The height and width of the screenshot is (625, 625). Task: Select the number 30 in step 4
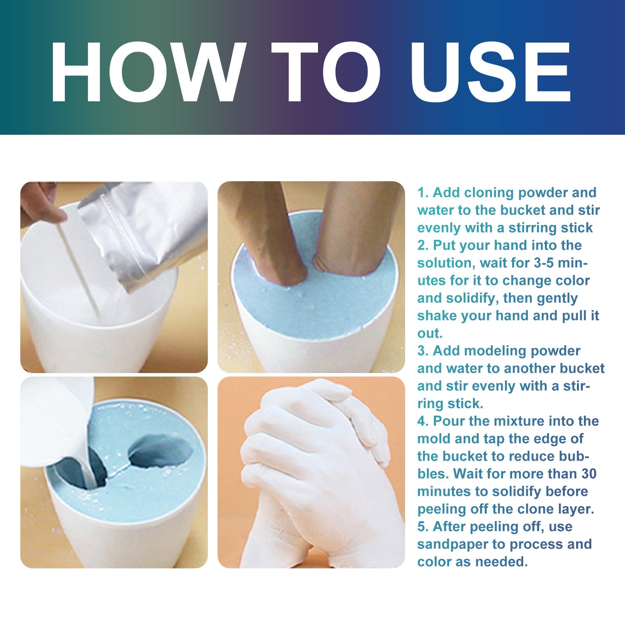pos(588,474)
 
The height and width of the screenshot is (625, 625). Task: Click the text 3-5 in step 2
pos(543,263)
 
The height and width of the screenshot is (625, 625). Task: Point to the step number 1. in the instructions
pos(423,193)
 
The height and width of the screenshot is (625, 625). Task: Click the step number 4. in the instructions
pos(423,421)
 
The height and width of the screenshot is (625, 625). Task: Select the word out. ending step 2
pos(430,334)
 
